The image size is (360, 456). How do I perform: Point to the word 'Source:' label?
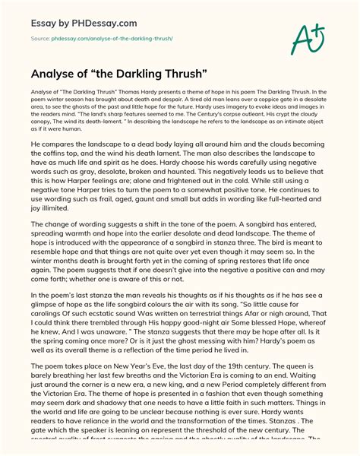point(43,36)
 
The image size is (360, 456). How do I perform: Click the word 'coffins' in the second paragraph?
point(45,173)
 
